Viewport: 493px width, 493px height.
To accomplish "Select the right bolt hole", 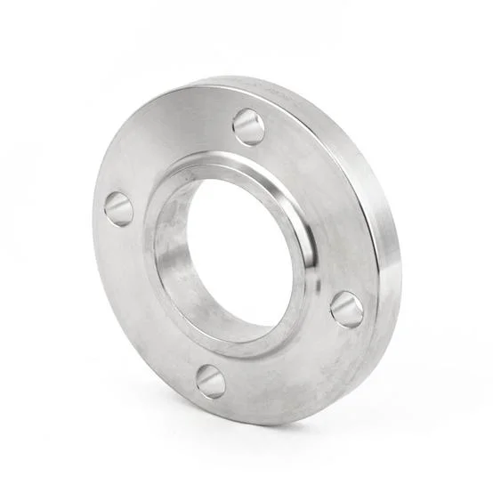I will click(346, 309).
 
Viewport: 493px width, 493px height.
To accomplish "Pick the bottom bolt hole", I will click(211, 381).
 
